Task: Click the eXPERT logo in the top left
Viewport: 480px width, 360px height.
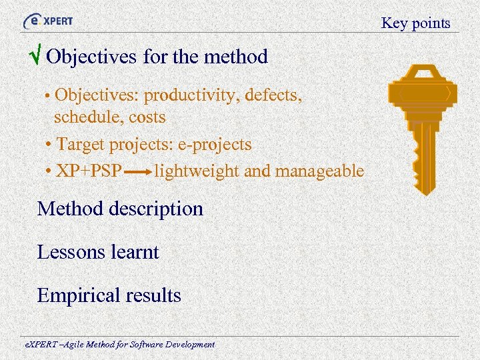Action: click(x=48, y=21)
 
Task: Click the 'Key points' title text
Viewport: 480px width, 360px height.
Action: click(x=415, y=23)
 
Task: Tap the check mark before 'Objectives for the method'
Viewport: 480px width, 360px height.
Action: click(x=38, y=57)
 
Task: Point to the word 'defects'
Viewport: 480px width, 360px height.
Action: click(x=273, y=95)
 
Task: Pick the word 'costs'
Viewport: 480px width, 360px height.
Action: click(x=147, y=117)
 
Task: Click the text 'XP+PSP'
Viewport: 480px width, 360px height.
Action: click(x=89, y=171)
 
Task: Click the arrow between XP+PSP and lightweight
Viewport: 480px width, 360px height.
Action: click(x=138, y=172)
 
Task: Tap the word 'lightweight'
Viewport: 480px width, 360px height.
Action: click(x=196, y=171)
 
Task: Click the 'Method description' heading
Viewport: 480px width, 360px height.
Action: click(x=120, y=209)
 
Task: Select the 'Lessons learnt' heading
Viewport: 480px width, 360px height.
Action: click(x=98, y=252)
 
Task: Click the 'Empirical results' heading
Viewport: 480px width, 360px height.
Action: click(x=109, y=295)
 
